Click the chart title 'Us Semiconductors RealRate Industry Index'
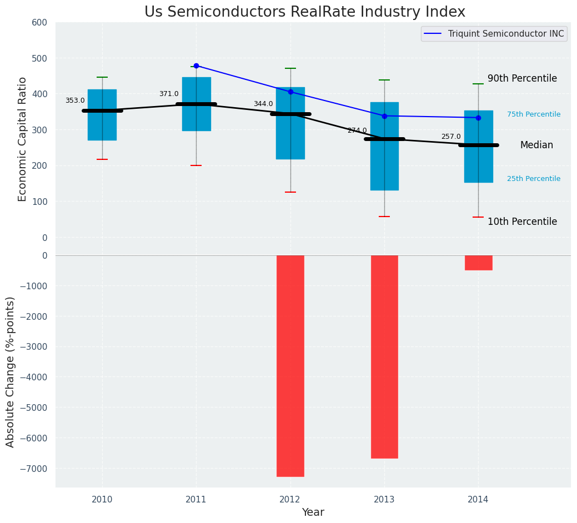(x=304, y=12)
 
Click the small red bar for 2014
(x=478, y=263)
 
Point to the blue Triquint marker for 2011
(x=196, y=66)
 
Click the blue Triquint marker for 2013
(x=384, y=116)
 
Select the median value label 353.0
(x=75, y=100)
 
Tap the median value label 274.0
(x=357, y=130)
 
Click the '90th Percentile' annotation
(x=522, y=78)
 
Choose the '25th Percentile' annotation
(x=534, y=179)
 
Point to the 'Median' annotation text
(x=536, y=145)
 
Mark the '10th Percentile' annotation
(x=522, y=222)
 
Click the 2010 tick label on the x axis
(x=102, y=500)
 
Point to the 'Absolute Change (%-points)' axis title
(x=11, y=371)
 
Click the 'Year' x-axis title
(x=313, y=512)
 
